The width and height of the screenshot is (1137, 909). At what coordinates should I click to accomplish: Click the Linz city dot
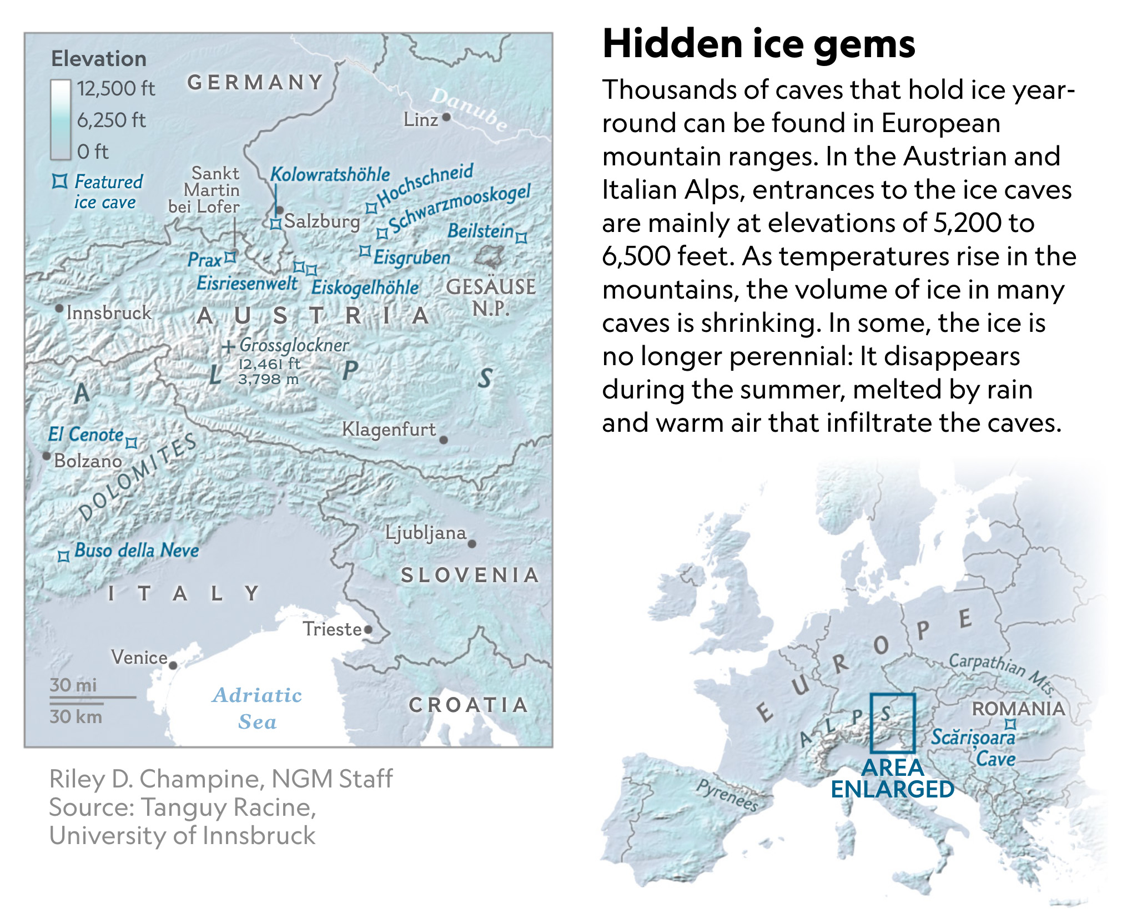pyautogui.click(x=446, y=117)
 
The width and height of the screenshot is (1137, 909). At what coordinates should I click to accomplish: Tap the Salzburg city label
pyautogui.click(x=322, y=221)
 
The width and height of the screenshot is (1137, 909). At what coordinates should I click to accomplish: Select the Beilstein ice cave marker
pyautogui.click(x=521, y=238)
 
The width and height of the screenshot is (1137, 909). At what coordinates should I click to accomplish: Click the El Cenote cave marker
pyautogui.click(x=131, y=443)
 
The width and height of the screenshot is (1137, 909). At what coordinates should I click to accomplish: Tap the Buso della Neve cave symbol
pyautogui.click(x=64, y=556)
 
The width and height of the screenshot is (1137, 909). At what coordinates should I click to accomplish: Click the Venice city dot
pyautogui.click(x=173, y=665)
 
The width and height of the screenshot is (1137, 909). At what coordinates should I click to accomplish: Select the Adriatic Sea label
pyautogui.click(x=257, y=708)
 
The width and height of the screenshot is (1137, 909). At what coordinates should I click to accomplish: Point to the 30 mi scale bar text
pyautogui.click(x=73, y=685)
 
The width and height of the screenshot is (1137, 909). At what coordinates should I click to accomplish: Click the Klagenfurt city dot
pyautogui.click(x=443, y=440)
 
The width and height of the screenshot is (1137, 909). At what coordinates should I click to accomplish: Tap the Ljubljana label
pyautogui.click(x=426, y=533)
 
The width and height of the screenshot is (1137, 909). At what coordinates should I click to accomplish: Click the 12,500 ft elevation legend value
pyautogui.click(x=115, y=89)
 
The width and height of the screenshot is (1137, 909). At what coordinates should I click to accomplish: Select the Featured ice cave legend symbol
pyautogui.click(x=59, y=181)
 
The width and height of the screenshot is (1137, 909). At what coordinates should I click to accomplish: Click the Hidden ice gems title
pyautogui.click(x=758, y=44)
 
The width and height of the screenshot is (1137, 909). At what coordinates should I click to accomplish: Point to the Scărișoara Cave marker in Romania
pyautogui.click(x=1011, y=724)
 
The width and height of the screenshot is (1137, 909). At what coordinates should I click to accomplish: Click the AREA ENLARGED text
pyautogui.click(x=892, y=779)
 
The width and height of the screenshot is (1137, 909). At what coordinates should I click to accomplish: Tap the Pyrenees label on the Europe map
pyautogui.click(x=727, y=795)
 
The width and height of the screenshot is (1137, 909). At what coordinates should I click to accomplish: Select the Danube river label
pyautogui.click(x=469, y=109)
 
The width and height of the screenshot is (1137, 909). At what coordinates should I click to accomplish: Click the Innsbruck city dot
pyautogui.click(x=59, y=308)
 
